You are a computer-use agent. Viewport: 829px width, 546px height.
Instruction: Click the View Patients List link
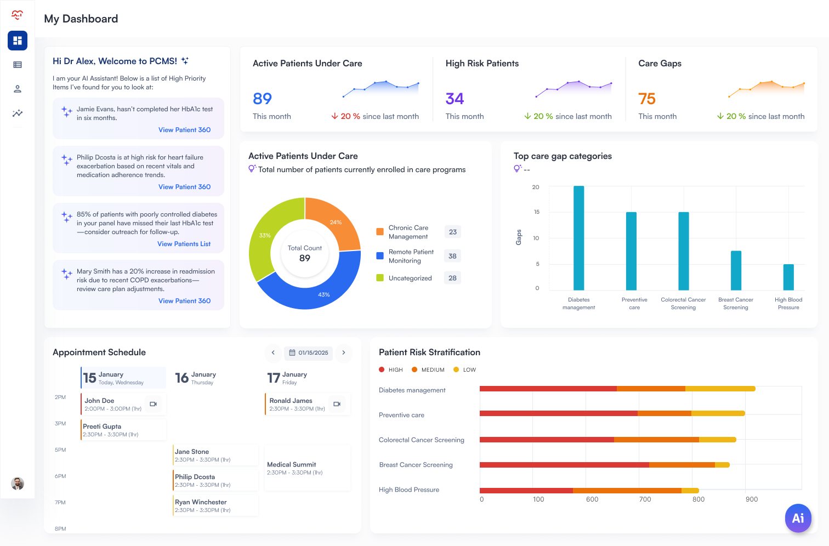coord(184,244)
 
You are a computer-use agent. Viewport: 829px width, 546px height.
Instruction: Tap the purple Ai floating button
coord(798,518)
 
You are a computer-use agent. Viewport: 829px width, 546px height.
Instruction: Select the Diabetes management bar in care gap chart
coord(578,238)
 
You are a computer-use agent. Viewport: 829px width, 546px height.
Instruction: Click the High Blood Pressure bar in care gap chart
coord(788,277)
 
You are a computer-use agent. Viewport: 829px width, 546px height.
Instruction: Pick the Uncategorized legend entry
coord(410,278)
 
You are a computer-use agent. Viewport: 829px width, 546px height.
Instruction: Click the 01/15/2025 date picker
coord(308,352)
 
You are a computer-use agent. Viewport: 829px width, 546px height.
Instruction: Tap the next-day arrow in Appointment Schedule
coord(344,352)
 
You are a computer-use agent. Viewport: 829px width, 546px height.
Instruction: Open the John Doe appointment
coord(113,404)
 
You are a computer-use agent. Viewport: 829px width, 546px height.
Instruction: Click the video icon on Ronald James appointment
coord(337,404)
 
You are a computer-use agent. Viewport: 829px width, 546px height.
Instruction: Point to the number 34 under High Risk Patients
coord(455,99)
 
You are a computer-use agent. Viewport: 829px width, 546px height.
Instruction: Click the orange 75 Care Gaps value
coord(647,99)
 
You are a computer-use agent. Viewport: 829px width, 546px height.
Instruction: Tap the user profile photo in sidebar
coord(18,484)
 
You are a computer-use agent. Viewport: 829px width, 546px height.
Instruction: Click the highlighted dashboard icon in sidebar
coord(18,41)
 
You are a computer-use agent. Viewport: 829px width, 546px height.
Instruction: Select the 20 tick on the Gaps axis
coord(536,187)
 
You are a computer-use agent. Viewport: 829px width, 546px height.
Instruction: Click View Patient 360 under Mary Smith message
coord(184,301)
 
